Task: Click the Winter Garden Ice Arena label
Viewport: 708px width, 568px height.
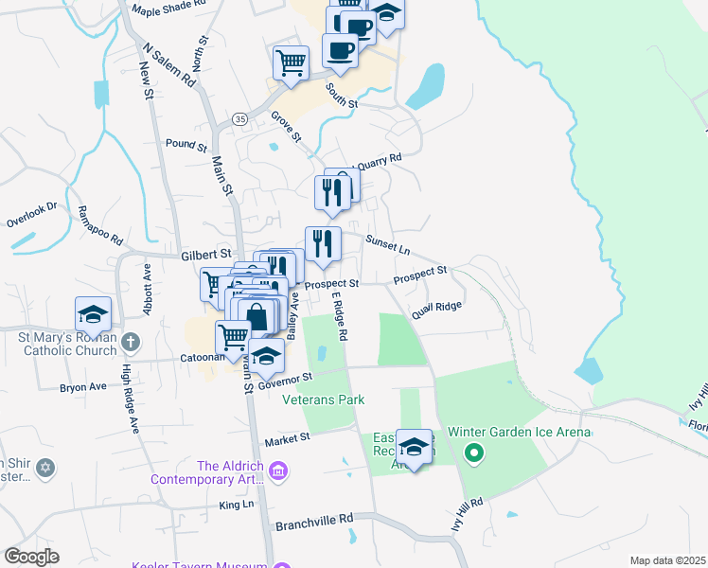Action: pyautogui.click(x=520, y=433)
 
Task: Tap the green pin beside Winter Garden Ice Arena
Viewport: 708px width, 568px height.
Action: pyautogui.click(x=474, y=455)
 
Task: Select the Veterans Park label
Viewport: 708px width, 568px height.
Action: pyautogui.click(x=324, y=400)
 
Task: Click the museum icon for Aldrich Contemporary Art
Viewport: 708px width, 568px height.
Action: pyautogui.click(x=277, y=470)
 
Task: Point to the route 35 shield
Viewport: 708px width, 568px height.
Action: pyautogui.click(x=239, y=119)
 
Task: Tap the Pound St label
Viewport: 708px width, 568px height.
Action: pyautogui.click(x=186, y=146)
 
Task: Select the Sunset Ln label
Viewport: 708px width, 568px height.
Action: pyautogui.click(x=388, y=250)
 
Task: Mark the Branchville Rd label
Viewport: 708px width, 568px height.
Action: pyautogui.click(x=314, y=520)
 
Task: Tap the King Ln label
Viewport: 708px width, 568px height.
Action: pyautogui.click(x=237, y=505)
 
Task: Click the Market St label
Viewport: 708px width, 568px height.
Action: pyautogui.click(x=288, y=440)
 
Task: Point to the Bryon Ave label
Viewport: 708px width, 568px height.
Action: pyautogui.click(x=83, y=387)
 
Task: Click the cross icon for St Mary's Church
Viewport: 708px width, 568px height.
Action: pyautogui.click(x=131, y=342)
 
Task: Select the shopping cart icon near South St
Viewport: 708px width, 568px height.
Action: pyautogui.click(x=291, y=62)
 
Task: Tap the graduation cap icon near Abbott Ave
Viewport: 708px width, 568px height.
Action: pyautogui.click(x=94, y=312)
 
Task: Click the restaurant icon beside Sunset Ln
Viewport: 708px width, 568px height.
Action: pyautogui.click(x=323, y=243)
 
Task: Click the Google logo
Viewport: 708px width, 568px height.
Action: pyautogui.click(x=31, y=557)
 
